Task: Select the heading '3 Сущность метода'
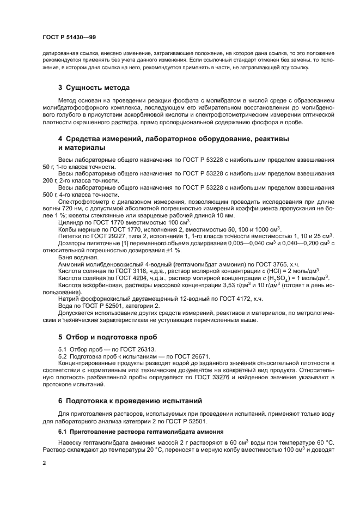point(94,87)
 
